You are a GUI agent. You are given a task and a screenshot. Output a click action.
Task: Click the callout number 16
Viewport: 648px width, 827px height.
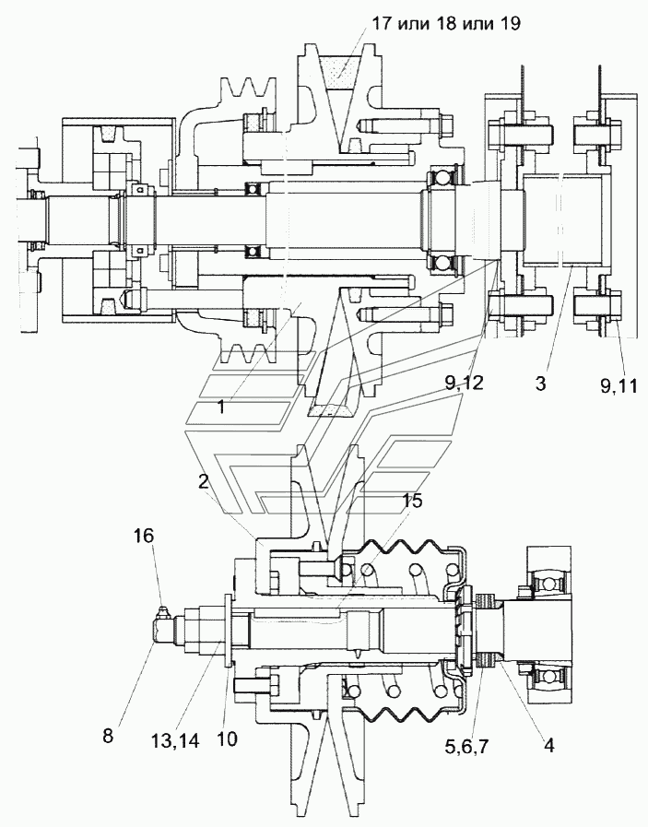click(x=144, y=536)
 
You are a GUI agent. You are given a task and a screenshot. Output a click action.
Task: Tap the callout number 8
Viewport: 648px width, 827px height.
click(x=108, y=736)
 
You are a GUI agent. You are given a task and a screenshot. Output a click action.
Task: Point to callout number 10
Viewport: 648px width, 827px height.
click(x=226, y=738)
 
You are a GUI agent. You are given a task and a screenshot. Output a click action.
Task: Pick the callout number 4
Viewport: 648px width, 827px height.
click(x=548, y=745)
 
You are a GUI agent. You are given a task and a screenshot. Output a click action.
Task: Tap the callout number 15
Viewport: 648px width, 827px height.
click(x=413, y=501)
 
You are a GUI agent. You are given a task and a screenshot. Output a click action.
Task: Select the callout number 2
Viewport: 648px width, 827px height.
click(x=204, y=481)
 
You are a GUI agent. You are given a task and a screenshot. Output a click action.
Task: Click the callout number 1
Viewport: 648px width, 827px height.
click(x=221, y=407)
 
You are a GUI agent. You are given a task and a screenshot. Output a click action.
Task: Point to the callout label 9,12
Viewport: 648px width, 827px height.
click(x=464, y=384)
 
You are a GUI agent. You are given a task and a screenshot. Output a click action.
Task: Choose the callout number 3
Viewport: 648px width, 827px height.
click(x=540, y=384)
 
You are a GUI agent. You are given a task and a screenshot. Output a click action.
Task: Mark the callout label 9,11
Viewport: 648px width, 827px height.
click(x=619, y=386)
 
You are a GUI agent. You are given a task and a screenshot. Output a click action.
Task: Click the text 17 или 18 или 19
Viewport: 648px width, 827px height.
click(x=446, y=24)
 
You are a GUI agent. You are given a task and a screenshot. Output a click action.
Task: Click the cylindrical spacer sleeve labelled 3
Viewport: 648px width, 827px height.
click(x=562, y=220)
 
